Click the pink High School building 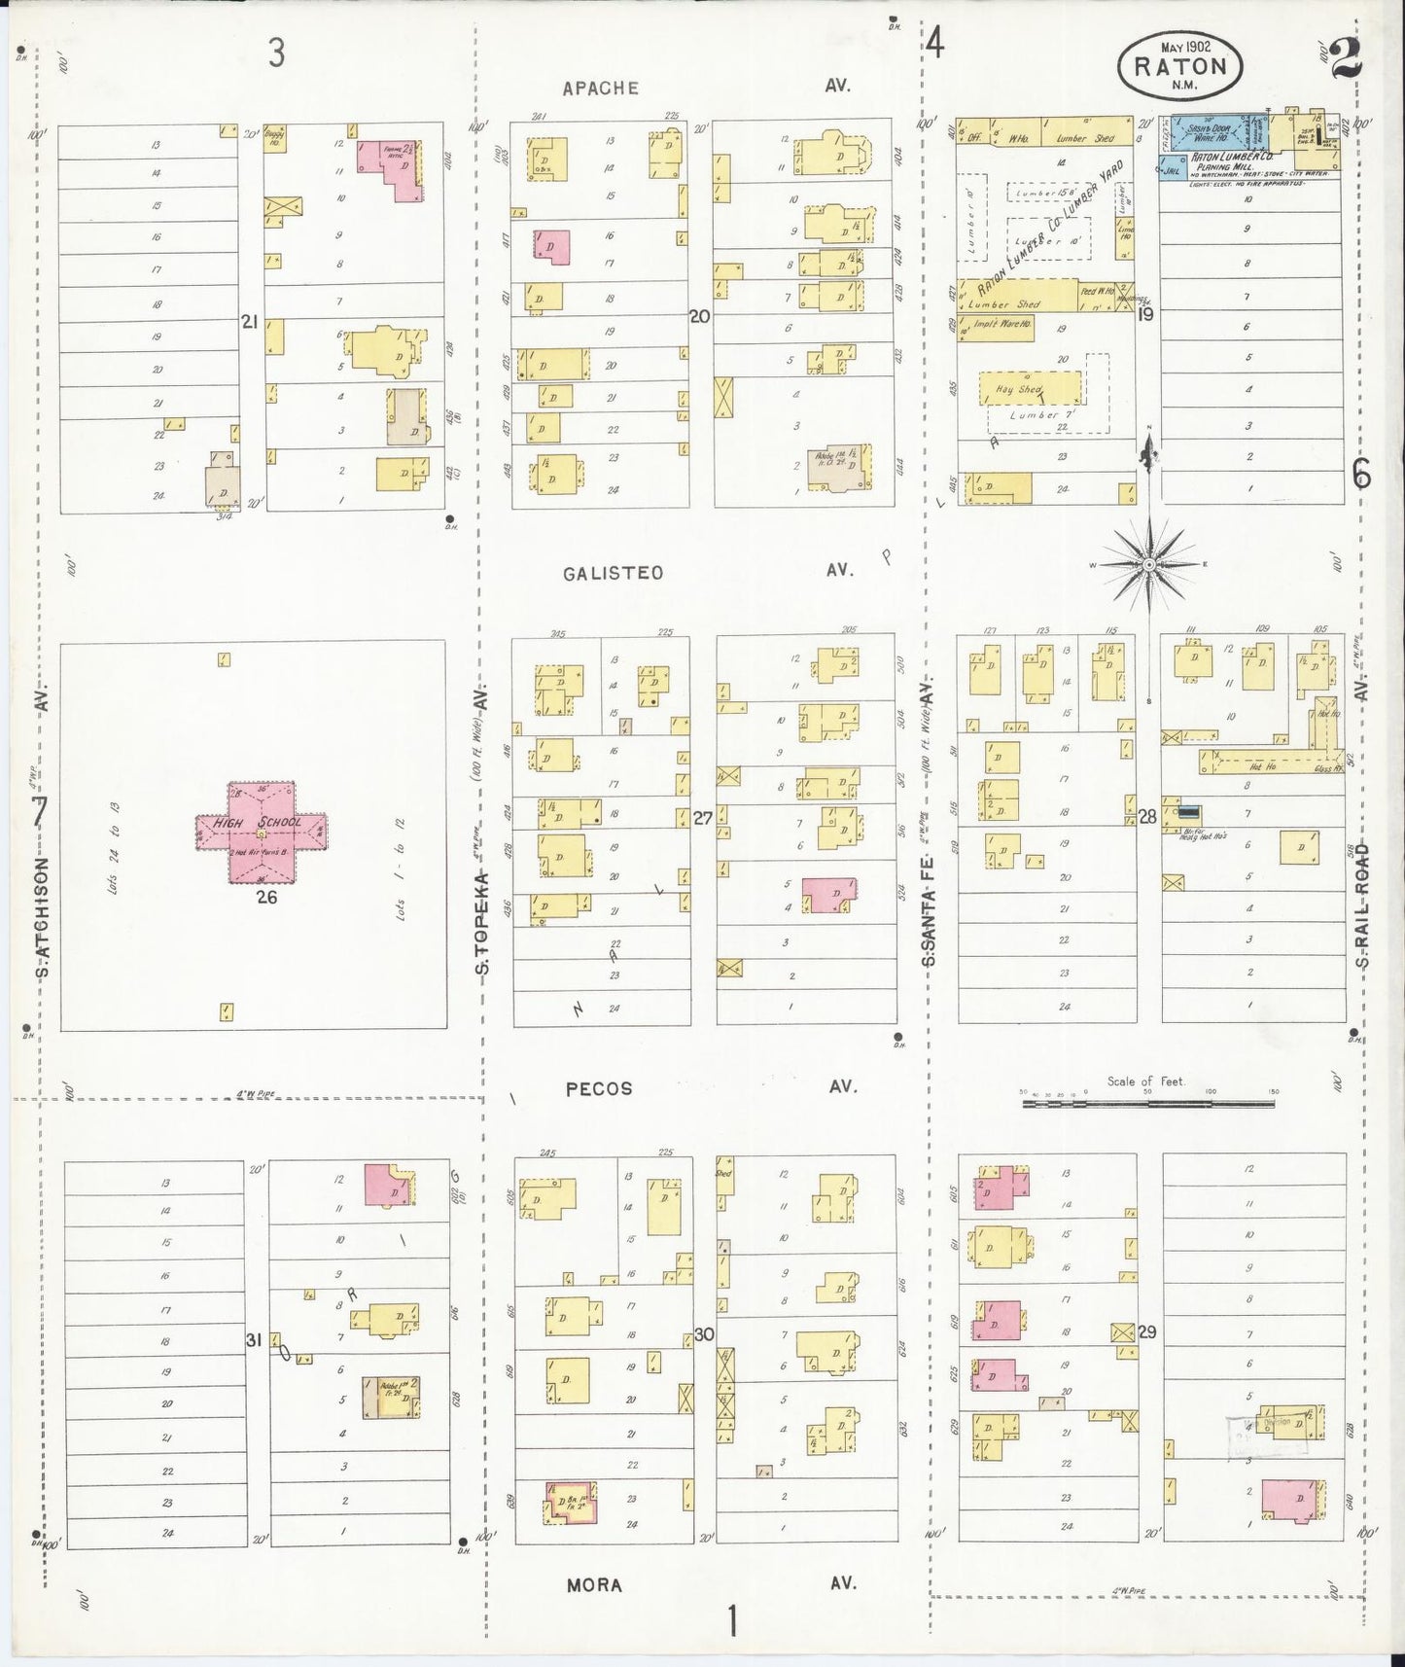pyautogui.click(x=262, y=832)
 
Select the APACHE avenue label pyautogui.click(x=600, y=89)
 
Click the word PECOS pyautogui.click(x=599, y=1088)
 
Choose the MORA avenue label pyautogui.click(x=594, y=1584)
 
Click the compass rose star pyautogui.click(x=1149, y=563)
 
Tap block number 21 pyautogui.click(x=250, y=321)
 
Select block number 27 pyautogui.click(x=702, y=818)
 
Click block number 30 pyautogui.click(x=703, y=1334)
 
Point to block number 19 pyautogui.click(x=1145, y=314)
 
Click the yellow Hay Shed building pyautogui.click(x=1029, y=387)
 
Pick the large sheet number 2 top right pyautogui.click(x=1347, y=57)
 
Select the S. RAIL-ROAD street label pyautogui.click(x=1363, y=904)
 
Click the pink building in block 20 pyautogui.click(x=550, y=245)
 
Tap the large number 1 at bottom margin pyautogui.click(x=730, y=1621)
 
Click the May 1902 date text pyautogui.click(x=1185, y=46)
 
